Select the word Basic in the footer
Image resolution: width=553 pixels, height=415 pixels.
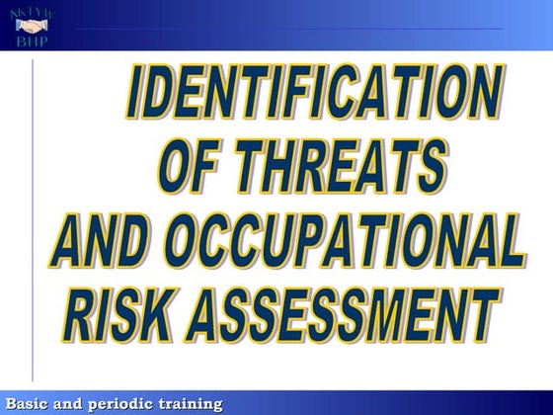(30, 403)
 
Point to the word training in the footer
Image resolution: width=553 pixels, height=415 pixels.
(192, 403)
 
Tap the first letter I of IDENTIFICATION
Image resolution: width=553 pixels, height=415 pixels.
(139, 100)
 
